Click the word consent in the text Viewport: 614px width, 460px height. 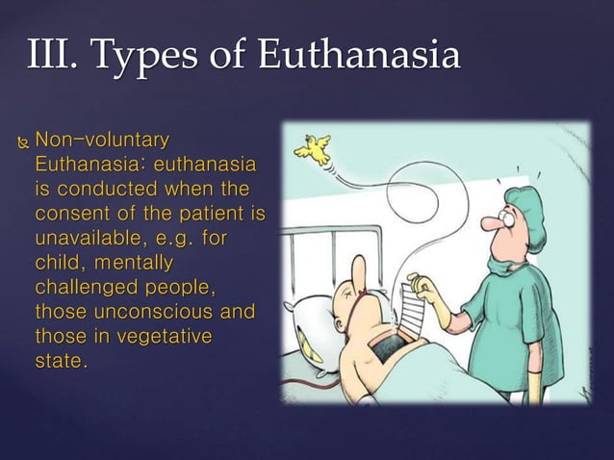point(71,212)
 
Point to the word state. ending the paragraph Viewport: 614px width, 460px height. point(60,359)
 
